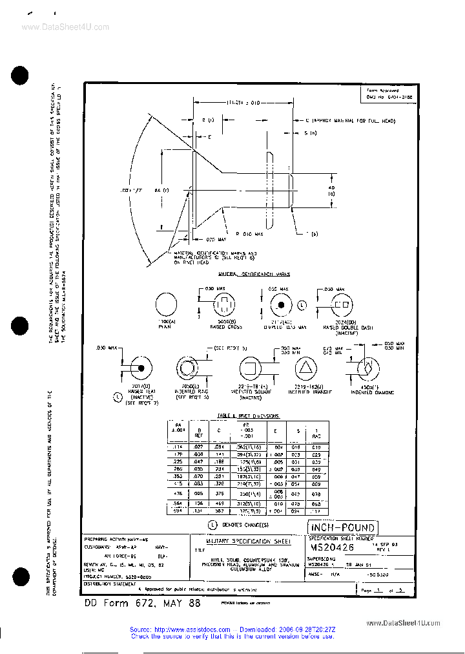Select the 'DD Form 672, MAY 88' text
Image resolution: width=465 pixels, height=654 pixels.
[143, 603]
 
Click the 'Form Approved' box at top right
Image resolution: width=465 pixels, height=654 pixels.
[389, 93]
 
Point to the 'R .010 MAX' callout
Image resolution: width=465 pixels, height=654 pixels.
[249, 233]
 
